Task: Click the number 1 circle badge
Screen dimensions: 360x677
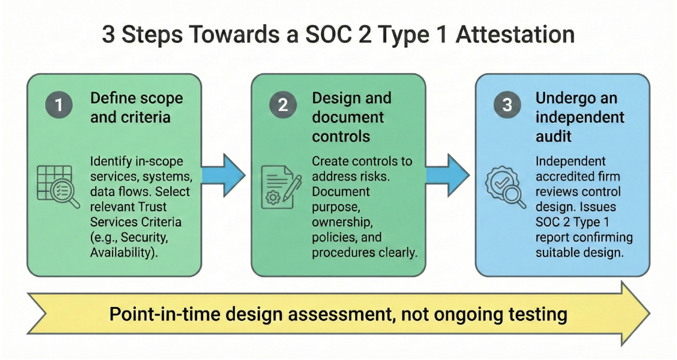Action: tap(59, 105)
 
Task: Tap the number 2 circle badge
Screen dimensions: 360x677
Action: tap(282, 105)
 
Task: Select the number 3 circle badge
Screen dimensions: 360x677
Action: tap(507, 105)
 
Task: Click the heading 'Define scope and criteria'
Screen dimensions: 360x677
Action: tap(136, 108)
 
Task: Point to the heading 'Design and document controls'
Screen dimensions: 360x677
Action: tap(351, 117)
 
